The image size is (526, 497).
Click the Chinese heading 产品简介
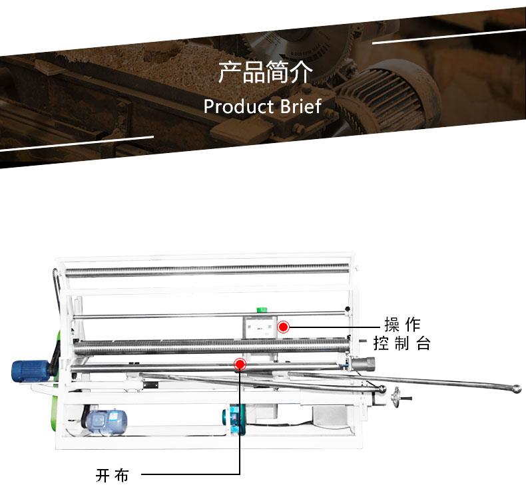264,73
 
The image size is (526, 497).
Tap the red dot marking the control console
283,327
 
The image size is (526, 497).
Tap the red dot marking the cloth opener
240,364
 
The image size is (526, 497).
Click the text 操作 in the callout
402,325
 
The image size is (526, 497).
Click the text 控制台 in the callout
402,344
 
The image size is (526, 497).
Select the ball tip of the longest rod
517,388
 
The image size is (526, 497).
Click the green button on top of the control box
262,311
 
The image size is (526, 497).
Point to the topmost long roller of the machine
206,270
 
